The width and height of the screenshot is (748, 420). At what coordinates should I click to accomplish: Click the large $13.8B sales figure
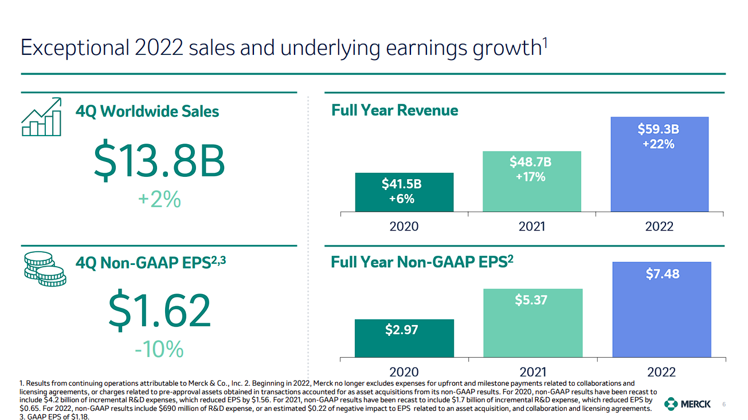(159, 162)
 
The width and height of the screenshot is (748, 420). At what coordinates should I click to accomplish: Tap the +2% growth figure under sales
(159, 200)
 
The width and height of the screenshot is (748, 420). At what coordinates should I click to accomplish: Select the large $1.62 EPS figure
(159, 312)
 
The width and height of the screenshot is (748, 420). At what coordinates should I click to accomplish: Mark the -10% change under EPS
(159, 348)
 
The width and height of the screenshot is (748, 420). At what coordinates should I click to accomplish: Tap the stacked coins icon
(45, 268)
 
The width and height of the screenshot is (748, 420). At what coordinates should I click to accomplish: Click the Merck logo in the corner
(687, 405)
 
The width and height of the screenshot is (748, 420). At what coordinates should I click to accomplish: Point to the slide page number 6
(724, 405)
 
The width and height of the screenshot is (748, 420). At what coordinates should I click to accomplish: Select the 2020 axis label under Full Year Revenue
(404, 226)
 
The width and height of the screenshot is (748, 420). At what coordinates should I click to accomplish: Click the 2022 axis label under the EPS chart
(661, 372)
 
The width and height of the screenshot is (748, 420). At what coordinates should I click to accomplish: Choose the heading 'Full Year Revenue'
(394, 110)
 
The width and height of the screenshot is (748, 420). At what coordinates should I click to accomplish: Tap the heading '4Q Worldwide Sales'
(147, 111)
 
